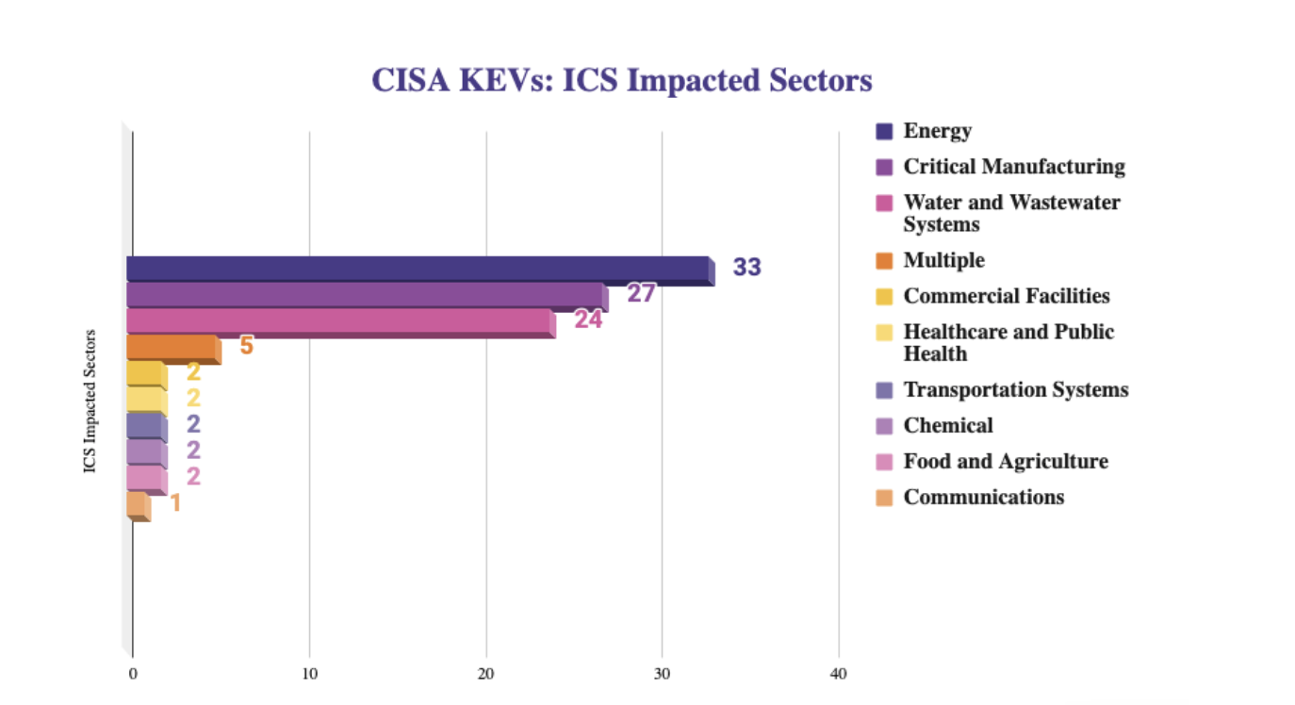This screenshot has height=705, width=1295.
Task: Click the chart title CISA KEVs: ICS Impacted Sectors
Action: click(x=622, y=80)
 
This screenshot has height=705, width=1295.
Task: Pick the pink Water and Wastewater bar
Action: click(x=339, y=321)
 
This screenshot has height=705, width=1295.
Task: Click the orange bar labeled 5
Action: click(x=172, y=348)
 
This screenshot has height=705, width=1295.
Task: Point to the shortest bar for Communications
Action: click(x=138, y=505)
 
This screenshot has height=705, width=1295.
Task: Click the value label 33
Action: click(x=746, y=268)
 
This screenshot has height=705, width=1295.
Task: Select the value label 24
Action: click(x=588, y=320)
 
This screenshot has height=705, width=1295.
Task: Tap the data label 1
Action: click(x=174, y=502)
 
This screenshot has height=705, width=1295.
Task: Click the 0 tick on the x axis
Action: click(x=133, y=674)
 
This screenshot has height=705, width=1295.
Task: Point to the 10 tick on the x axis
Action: click(x=309, y=674)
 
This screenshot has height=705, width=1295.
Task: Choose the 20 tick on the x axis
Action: click(x=486, y=674)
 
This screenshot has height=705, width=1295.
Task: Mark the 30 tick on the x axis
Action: click(x=662, y=674)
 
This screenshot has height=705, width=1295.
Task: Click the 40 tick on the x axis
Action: click(x=839, y=674)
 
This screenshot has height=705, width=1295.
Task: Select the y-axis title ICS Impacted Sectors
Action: click(x=90, y=401)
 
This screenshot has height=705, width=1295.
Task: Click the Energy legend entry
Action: click(x=937, y=131)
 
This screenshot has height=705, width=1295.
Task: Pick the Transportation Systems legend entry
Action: click(x=1015, y=389)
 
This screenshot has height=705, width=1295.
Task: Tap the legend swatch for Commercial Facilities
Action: click(x=884, y=297)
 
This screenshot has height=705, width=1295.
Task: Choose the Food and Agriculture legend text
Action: click(x=1006, y=461)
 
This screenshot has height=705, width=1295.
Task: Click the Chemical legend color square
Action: click(x=884, y=426)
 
